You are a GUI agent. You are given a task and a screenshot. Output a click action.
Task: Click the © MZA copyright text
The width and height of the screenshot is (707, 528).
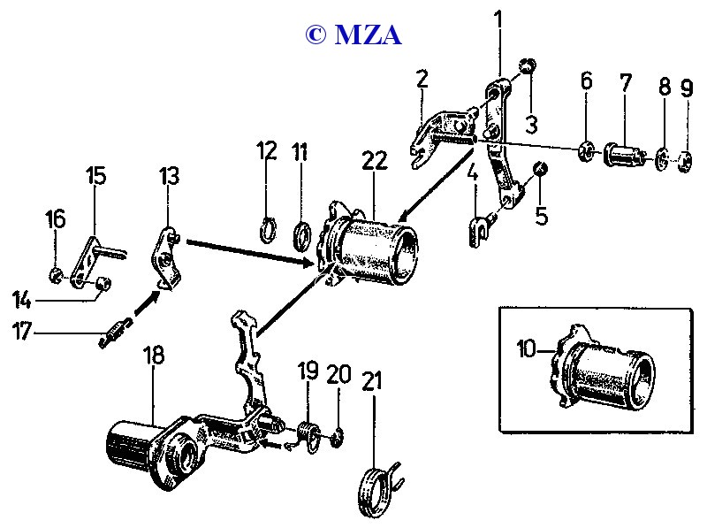tap(353, 34)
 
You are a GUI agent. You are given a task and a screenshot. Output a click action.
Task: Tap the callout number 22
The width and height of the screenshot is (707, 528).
tap(374, 161)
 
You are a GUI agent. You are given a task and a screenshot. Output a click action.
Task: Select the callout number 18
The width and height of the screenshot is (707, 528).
tap(153, 356)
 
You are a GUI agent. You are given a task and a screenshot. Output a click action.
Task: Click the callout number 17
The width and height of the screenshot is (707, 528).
tap(21, 332)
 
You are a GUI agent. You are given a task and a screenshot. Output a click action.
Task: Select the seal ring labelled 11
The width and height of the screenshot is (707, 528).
tap(302, 237)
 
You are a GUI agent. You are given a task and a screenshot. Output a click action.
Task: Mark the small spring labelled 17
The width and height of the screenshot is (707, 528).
tap(112, 333)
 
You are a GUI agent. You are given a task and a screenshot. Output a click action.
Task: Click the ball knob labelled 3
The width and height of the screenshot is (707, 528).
tap(527, 66)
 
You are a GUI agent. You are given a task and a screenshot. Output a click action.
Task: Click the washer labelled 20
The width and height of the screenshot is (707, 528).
tap(338, 436)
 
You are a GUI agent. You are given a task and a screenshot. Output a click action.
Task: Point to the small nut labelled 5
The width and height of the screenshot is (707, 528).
tap(541, 170)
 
